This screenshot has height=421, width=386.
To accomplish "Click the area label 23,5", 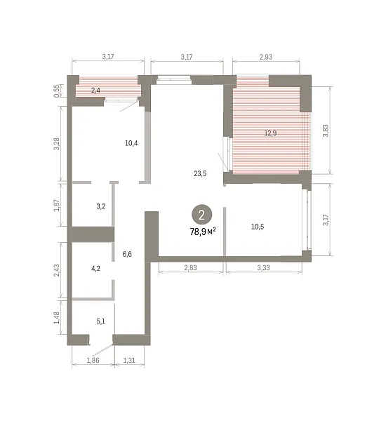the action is (200, 174).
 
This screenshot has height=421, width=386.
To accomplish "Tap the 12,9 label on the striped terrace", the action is (270, 133).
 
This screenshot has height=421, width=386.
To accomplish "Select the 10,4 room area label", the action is (131, 143).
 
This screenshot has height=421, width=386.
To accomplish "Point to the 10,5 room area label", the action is (258, 227).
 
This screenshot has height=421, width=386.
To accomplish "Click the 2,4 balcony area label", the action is (95, 91).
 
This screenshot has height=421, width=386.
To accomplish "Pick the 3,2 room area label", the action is (101, 206).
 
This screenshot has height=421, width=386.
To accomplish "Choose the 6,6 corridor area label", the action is (127, 254).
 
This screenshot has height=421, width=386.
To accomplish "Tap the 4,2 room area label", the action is (95, 268).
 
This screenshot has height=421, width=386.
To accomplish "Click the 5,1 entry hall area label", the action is (101, 321).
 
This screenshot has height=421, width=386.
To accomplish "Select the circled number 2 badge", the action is (201, 215).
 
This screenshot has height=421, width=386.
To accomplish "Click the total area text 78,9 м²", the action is (203, 232).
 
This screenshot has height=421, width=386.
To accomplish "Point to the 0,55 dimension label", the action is (57, 91).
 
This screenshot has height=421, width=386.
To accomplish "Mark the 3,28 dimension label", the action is (57, 144).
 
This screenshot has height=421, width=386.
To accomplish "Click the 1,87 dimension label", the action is (57, 205).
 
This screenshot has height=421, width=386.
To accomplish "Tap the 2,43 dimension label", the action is (57, 270).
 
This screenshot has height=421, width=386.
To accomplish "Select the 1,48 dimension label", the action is (57, 318).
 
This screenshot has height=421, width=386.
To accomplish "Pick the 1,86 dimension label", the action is (93, 361).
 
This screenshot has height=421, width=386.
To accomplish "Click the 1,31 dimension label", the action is (129, 361).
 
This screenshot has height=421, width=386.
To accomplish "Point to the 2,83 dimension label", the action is (191, 268).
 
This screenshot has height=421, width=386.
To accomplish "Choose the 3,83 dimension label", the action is (326, 131).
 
